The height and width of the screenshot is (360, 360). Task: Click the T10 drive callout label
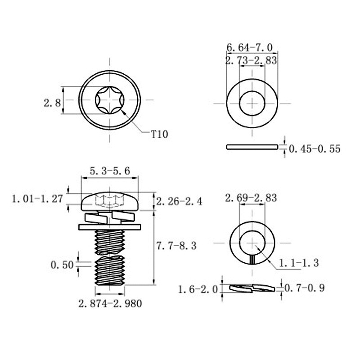[160, 134]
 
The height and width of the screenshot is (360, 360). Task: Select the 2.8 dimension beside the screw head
[52, 103]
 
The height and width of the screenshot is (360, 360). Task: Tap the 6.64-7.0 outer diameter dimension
[250, 48]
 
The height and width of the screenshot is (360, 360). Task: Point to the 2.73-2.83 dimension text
[251, 60]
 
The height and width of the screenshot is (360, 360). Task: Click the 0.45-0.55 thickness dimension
[315, 149]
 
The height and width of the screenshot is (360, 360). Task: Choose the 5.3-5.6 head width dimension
[110, 171]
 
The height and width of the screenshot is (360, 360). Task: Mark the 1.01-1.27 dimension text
[37, 199]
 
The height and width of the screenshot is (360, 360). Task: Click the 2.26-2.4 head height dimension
[179, 201]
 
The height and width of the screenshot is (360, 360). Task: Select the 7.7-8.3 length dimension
[176, 246]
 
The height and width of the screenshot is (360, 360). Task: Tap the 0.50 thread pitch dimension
[62, 265]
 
